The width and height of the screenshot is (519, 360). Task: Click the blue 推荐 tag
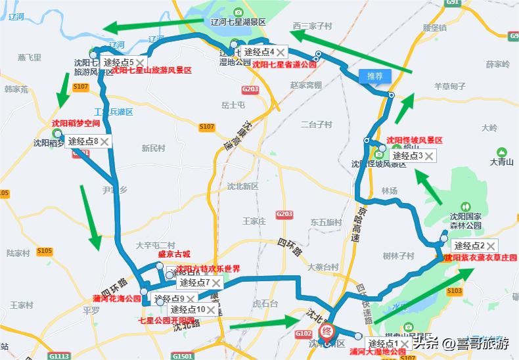(374, 76)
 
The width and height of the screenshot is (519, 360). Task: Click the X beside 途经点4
(281, 51)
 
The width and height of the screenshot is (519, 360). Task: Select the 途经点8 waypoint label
(83, 141)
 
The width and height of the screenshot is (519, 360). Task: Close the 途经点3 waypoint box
(429, 156)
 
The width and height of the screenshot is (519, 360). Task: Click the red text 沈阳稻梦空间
(76, 123)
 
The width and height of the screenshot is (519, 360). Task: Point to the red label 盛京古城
(174, 254)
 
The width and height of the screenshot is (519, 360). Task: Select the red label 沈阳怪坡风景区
(415, 140)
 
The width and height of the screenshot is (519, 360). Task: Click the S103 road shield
(454, 290)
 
